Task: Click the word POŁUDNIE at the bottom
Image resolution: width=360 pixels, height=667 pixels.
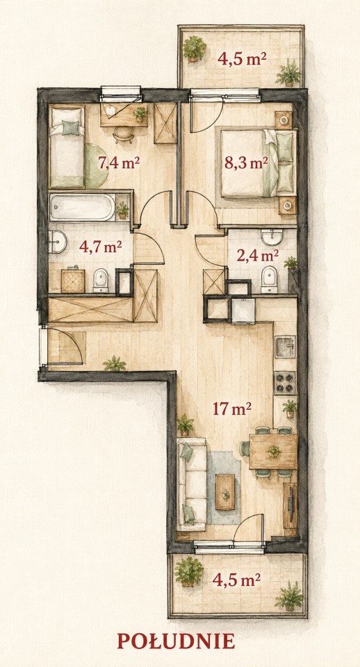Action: [x=176, y=641]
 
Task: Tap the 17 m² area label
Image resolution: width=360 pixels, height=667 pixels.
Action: [x=232, y=409]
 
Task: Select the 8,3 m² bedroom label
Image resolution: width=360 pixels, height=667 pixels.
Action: [x=247, y=163]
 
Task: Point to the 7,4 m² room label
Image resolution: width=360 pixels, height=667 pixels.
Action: [x=119, y=163]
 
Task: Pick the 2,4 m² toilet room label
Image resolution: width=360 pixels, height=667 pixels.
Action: [x=258, y=256]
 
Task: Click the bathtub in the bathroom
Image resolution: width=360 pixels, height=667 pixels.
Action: [x=82, y=207]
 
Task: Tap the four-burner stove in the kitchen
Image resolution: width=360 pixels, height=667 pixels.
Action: [x=285, y=382]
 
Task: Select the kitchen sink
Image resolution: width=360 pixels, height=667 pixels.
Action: [x=285, y=346]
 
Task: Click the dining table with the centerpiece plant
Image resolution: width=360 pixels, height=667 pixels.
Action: [x=273, y=452]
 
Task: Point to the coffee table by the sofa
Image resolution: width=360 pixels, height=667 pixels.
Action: [x=224, y=492]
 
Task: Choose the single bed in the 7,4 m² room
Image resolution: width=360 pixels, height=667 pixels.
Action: [x=67, y=147]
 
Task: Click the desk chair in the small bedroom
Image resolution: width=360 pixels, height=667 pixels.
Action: [x=124, y=135]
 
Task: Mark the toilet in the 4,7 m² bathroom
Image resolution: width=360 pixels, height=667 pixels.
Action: [x=101, y=280]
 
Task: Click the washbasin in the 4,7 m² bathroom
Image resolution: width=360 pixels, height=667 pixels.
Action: [x=58, y=242]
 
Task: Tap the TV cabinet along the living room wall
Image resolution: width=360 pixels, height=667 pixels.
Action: [x=291, y=505]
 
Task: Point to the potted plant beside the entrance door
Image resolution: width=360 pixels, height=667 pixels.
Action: [x=115, y=363]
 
